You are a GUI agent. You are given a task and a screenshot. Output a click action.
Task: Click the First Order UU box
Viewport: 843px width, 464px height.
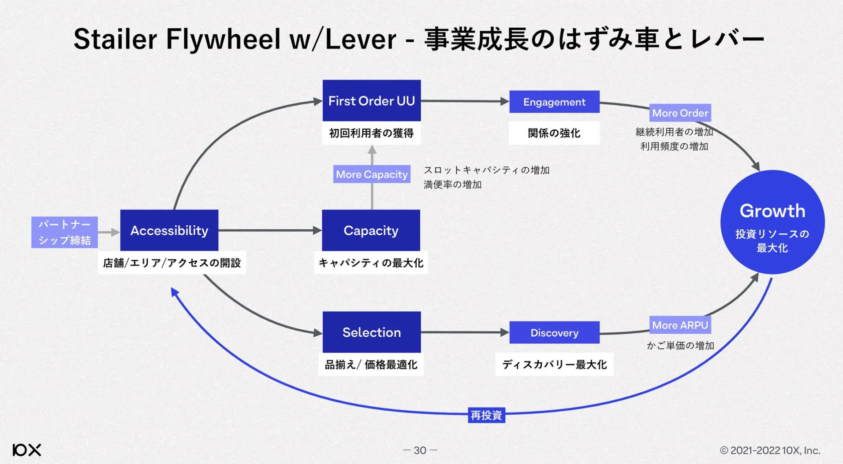click(371, 101)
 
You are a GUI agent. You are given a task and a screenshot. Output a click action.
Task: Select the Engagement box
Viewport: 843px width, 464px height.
click(554, 102)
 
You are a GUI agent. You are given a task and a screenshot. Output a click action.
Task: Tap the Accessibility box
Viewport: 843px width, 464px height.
click(169, 230)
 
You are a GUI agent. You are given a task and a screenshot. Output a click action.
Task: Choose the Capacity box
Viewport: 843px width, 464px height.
click(371, 230)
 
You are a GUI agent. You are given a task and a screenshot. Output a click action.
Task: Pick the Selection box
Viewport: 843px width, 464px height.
click(371, 332)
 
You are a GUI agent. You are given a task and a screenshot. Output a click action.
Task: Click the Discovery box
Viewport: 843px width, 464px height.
click(554, 333)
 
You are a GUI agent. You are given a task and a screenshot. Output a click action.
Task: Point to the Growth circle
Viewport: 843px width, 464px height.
click(772, 222)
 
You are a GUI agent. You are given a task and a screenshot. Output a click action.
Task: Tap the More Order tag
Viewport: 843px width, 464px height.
click(680, 113)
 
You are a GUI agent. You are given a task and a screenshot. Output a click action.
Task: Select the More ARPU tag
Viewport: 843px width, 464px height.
click(680, 325)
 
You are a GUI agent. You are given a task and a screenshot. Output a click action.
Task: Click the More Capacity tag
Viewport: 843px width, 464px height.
click(372, 174)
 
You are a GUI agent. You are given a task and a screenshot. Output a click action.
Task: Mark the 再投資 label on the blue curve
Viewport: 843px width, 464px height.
click(486, 415)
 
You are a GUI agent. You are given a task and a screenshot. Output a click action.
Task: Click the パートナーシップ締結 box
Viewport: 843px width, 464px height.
click(64, 232)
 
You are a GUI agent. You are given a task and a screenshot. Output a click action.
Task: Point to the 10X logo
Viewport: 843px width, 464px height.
click(27, 450)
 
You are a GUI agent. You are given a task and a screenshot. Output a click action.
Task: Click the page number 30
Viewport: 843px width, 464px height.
click(420, 450)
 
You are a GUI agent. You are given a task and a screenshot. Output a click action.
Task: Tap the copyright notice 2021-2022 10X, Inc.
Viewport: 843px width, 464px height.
click(770, 450)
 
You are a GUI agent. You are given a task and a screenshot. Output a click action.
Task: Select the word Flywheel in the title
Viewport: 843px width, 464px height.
click(223, 39)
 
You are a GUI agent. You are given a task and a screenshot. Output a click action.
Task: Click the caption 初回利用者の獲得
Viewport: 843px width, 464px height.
click(371, 133)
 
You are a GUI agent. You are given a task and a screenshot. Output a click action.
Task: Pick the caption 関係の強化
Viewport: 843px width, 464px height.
click(554, 133)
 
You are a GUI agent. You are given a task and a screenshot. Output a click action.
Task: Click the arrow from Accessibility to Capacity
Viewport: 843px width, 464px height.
click(269, 230)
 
